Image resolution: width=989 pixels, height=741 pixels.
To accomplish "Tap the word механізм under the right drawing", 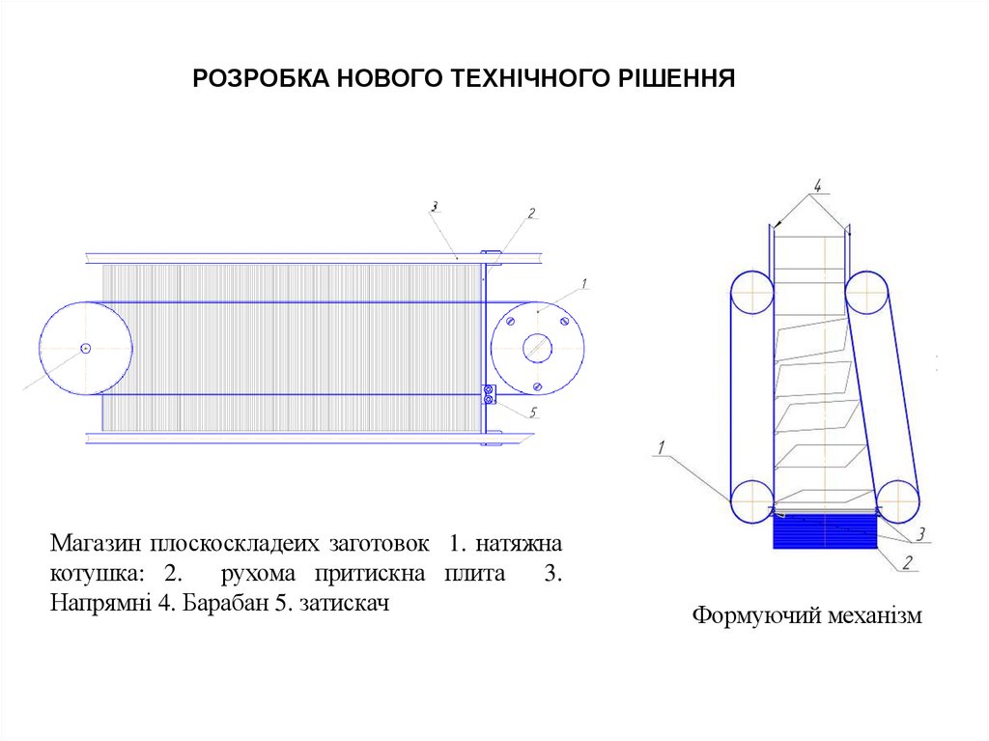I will (x=872, y=615).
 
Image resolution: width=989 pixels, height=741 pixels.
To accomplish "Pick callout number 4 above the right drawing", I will (x=816, y=183).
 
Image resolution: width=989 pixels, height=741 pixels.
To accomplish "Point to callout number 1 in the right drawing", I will (x=663, y=447).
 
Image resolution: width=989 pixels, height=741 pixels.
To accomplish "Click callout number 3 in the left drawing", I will (x=435, y=206).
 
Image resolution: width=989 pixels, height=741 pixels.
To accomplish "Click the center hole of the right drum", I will (x=537, y=348).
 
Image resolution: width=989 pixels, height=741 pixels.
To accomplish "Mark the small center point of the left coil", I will (x=86, y=348).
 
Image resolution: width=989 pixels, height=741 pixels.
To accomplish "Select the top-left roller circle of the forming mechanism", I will (x=751, y=292).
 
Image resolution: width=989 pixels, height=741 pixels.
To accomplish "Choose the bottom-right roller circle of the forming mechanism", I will (x=895, y=501).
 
